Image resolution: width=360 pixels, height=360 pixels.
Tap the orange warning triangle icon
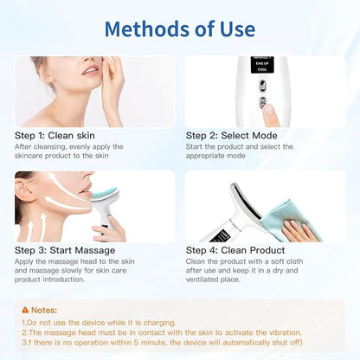tap(25, 310)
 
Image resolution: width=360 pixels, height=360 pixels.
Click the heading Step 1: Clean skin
tap(55, 135)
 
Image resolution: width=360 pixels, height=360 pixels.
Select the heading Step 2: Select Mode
tap(232, 135)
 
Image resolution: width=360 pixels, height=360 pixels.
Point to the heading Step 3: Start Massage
tap(65, 250)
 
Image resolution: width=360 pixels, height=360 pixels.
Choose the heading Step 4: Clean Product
tap(235, 250)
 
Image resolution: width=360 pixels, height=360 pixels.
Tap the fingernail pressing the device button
tap(268, 110)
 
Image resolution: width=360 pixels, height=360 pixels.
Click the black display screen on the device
tap(262, 64)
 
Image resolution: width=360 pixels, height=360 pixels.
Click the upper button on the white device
tap(262, 86)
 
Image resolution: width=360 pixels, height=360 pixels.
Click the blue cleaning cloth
tap(288, 219)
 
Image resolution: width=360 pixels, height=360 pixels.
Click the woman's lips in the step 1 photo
tap(90, 70)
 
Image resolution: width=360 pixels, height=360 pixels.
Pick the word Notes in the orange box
tap(44, 310)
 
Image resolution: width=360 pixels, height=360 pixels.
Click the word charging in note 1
tap(159, 323)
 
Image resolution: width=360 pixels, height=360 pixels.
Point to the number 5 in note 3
tap(136, 343)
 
